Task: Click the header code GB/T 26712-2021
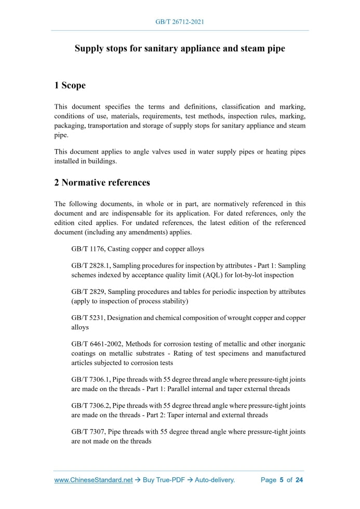coord(180,22)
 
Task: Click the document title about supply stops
coord(180,49)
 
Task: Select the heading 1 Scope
coord(70,85)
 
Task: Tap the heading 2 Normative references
coord(102,182)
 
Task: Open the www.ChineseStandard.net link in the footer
coord(94,480)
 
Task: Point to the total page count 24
coord(299,480)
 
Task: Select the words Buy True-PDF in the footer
coord(164,480)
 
